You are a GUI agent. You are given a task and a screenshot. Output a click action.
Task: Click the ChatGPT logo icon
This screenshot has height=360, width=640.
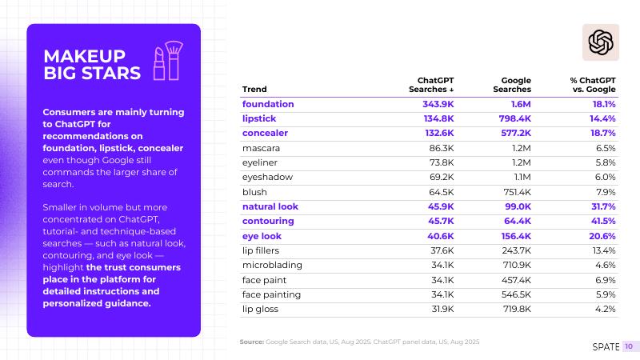pyautogui.click(x=600, y=42)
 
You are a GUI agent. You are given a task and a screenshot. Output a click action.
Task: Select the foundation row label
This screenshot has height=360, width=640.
pyautogui.click(x=268, y=104)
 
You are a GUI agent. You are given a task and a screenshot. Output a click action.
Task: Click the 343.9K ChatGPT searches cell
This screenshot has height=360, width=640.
pyautogui.click(x=438, y=104)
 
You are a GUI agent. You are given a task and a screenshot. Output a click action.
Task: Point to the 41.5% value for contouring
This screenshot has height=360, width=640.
pyautogui.click(x=603, y=222)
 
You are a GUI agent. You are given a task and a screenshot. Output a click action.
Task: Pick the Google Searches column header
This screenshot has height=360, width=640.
pyautogui.click(x=516, y=85)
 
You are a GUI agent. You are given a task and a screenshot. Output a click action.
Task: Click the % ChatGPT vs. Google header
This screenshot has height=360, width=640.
pyautogui.click(x=592, y=85)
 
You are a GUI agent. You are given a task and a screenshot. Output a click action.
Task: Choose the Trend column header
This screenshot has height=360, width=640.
pyautogui.click(x=254, y=90)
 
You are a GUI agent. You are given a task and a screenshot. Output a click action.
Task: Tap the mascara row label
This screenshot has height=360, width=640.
pyautogui.click(x=261, y=148)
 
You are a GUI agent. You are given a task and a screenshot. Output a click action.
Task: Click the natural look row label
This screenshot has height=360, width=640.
pyautogui.click(x=270, y=206)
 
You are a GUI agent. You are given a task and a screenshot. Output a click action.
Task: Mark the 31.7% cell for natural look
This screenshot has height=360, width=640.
pyautogui.click(x=603, y=206)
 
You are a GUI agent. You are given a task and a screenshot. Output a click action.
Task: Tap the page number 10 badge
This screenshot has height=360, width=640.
pyautogui.click(x=629, y=346)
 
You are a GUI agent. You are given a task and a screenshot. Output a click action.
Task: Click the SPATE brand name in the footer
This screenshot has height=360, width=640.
pyautogui.click(x=606, y=346)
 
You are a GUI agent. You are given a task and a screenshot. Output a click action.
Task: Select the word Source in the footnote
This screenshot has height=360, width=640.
pyautogui.click(x=251, y=342)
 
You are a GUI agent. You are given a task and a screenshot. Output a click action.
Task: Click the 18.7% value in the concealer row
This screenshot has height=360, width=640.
pyautogui.click(x=603, y=133)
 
